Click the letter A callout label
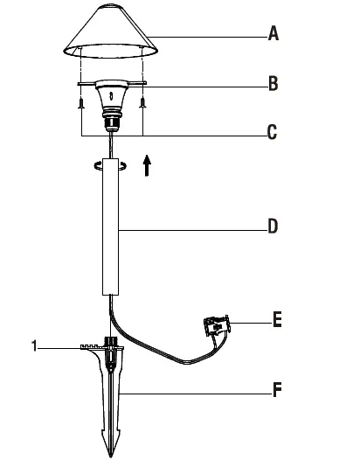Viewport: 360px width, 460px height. point(273,35)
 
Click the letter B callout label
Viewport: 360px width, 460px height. point(273,86)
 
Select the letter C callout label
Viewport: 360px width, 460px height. point(273,133)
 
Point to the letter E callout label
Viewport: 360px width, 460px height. point(277,321)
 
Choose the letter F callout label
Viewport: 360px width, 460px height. point(277,391)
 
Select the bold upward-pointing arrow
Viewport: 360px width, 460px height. point(147,165)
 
